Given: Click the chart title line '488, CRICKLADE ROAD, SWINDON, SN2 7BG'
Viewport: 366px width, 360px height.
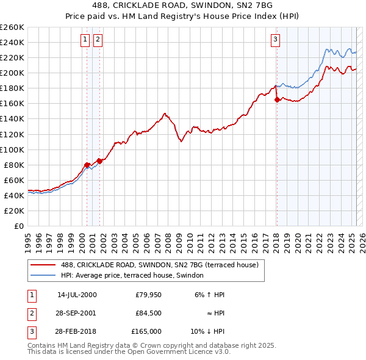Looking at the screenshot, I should pyautogui.click(x=183, y=5).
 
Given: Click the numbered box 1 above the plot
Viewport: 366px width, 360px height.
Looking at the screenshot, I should pyautogui.click(x=85, y=40).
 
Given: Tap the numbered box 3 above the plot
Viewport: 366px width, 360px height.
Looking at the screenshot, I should pyautogui.click(x=275, y=40).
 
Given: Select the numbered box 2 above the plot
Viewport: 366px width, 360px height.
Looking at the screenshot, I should pyautogui.click(x=98, y=40).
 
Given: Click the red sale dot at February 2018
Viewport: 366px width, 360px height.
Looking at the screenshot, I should pyautogui.click(x=277, y=99).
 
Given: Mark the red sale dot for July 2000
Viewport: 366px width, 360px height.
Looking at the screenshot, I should pyautogui.click(x=87, y=165).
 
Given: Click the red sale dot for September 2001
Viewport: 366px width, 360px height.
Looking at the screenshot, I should pyautogui.click(x=99, y=161).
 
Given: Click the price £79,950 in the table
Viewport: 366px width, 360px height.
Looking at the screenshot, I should pyautogui.click(x=148, y=295).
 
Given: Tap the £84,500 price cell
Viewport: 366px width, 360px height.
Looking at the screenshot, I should pyautogui.click(x=148, y=313).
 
